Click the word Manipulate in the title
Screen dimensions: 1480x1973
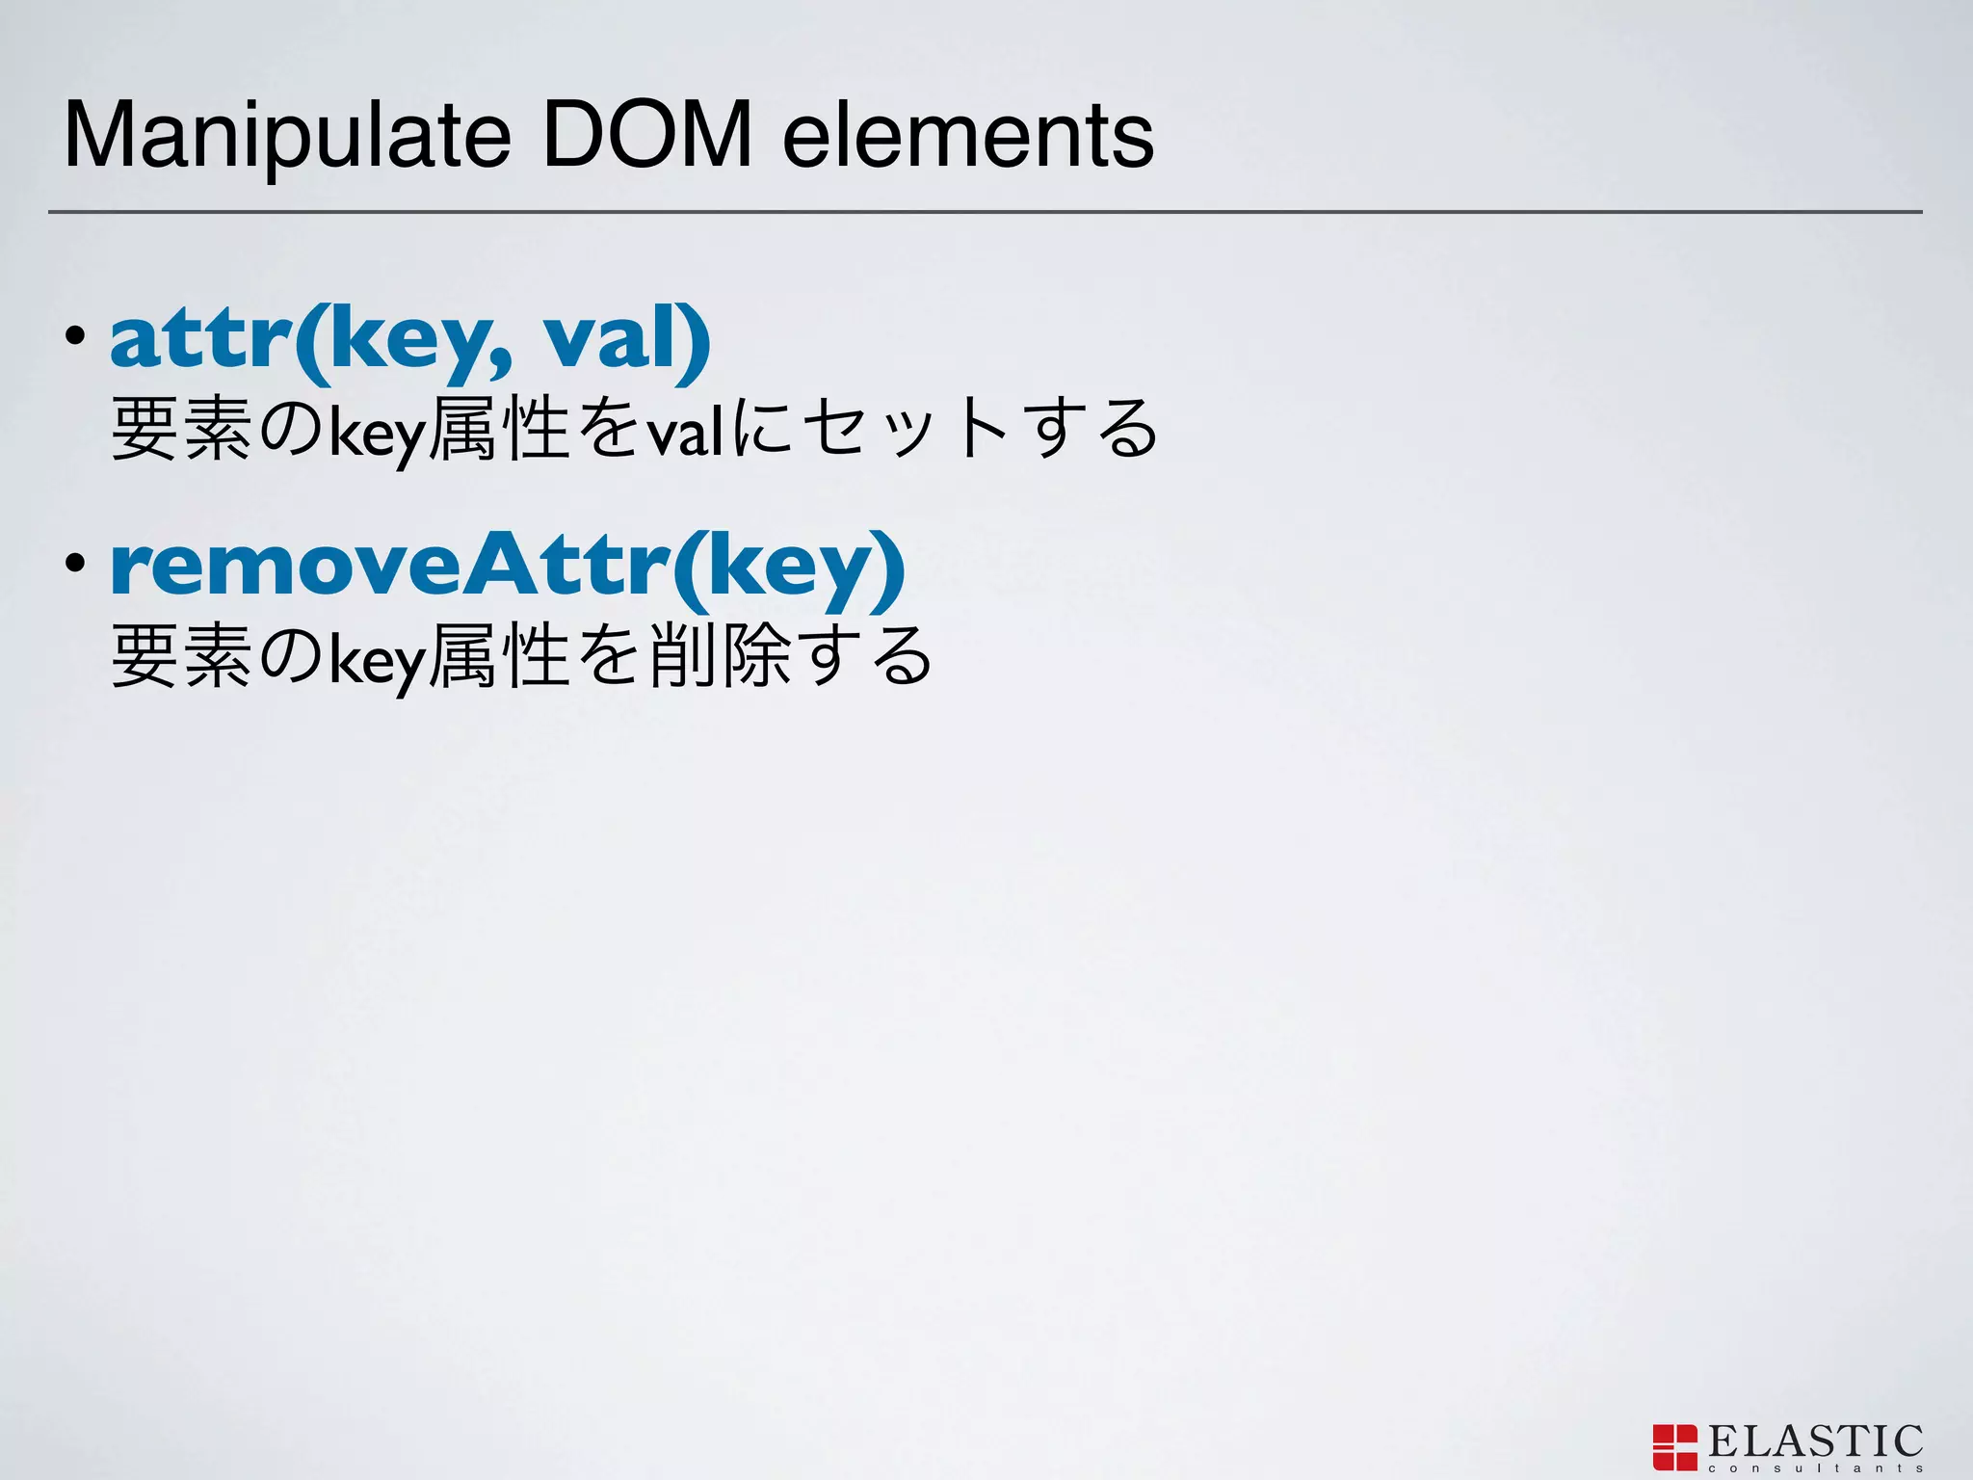click(x=287, y=137)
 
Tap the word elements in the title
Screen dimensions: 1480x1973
click(x=967, y=137)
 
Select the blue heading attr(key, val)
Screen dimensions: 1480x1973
click(x=410, y=339)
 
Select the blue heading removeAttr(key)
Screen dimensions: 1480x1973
click(x=508, y=568)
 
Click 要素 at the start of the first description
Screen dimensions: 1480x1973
click(x=182, y=430)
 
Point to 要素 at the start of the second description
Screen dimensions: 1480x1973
click(x=182, y=657)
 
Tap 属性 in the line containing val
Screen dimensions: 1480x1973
click(x=499, y=430)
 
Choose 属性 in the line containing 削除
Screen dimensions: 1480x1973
click(x=499, y=657)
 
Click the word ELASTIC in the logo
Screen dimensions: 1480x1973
click(x=1815, y=1441)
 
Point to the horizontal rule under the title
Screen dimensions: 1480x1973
click(x=985, y=211)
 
